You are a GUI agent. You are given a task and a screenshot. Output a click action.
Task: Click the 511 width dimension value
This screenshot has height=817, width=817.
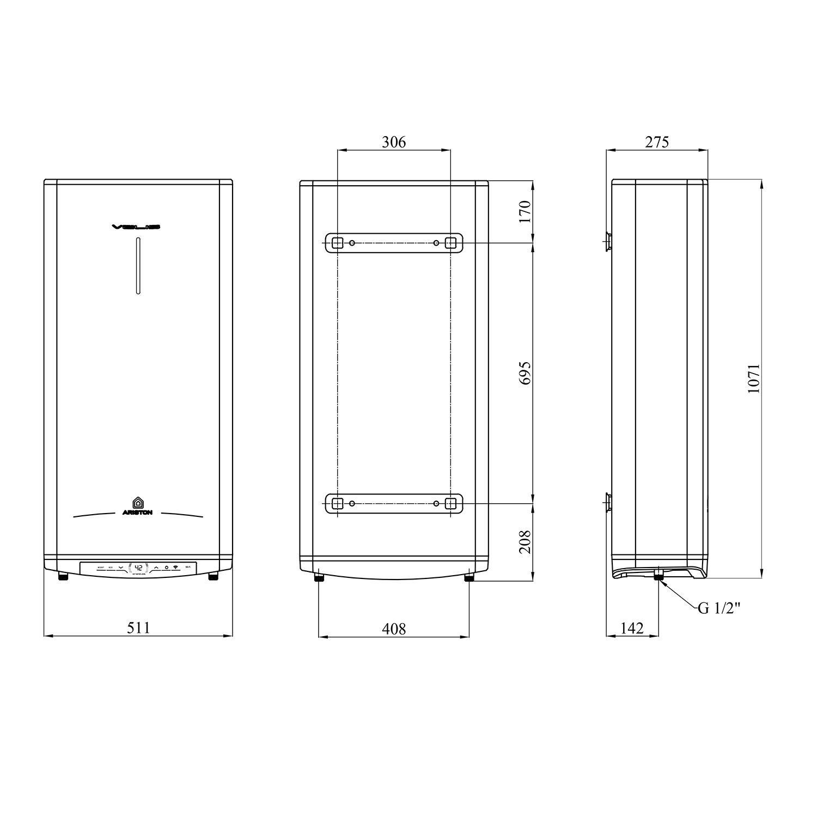(x=138, y=628)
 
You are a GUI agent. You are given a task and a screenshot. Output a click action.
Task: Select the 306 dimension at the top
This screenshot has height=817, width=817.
(x=393, y=142)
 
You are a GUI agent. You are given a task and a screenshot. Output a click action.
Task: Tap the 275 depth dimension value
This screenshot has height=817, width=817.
(x=657, y=142)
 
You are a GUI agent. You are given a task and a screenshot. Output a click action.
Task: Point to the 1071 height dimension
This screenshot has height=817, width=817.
(x=753, y=378)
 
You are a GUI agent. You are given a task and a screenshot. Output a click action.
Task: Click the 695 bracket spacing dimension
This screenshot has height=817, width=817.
(x=525, y=373)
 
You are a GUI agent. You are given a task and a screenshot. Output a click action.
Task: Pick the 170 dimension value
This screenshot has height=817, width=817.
(x=525, y=211)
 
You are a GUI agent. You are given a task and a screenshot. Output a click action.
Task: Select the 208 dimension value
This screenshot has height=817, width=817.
(x=525, y=541)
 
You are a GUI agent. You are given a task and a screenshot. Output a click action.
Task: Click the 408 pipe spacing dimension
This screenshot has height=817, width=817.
(x=393, y=629)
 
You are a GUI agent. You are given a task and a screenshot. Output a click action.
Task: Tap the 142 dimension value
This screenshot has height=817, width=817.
(x=632, y=629)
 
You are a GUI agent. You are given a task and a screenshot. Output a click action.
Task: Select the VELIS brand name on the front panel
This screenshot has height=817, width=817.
(x=138, y=227)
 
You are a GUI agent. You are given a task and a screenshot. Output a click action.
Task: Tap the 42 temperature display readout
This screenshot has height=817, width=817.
(x=138, y=567)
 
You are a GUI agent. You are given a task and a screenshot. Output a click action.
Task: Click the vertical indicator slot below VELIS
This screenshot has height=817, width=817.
(x=138, y=266)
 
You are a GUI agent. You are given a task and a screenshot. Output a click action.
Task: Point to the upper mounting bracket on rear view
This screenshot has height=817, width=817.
(x=393, y=243)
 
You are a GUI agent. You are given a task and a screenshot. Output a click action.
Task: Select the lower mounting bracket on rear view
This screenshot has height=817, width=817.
(x=393, y=503)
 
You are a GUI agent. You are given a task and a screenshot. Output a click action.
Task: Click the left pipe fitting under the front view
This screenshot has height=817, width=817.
(x=64, y=576)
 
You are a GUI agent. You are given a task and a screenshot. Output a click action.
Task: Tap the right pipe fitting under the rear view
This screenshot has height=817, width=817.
(x=468, y=577)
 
